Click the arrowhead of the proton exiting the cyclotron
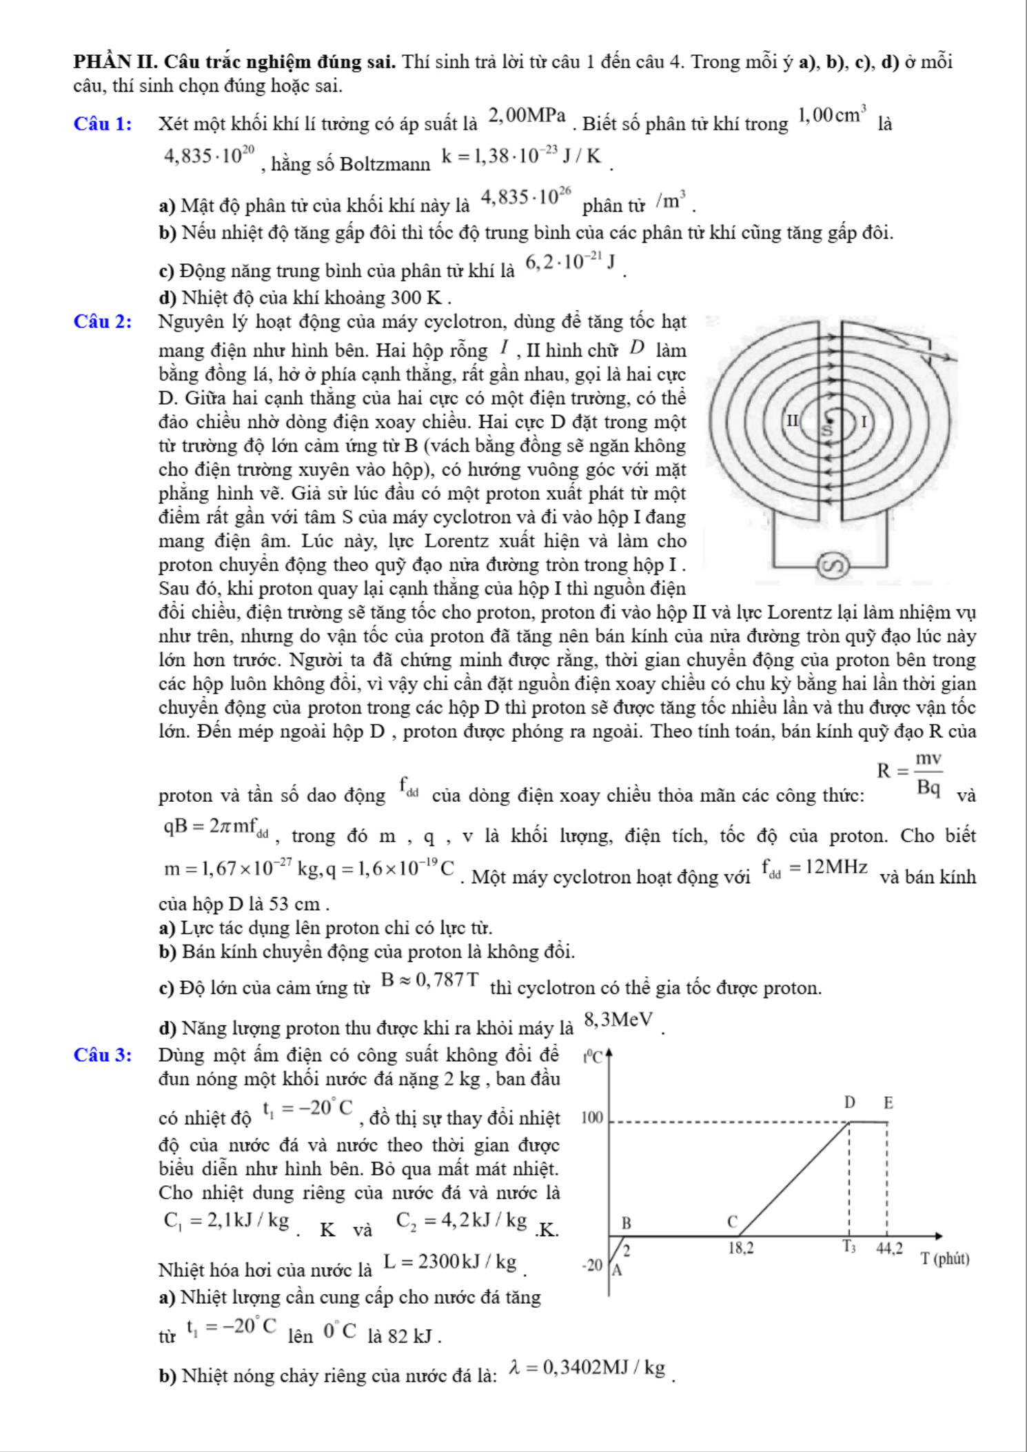(952, 357)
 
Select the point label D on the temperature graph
(850, 1102)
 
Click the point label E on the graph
(888, 1102)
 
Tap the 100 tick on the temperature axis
(593, 1117)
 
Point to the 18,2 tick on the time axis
(741, 1247)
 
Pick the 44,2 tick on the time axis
(889, 1247)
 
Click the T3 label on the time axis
(848, 1247)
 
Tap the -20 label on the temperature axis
(592, 1264)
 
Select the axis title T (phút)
(946, 1259)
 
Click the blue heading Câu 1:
(103, 124)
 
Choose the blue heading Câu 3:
(103, 1056)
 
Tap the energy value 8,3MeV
(618, 1019)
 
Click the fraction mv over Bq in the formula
(928, 772)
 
